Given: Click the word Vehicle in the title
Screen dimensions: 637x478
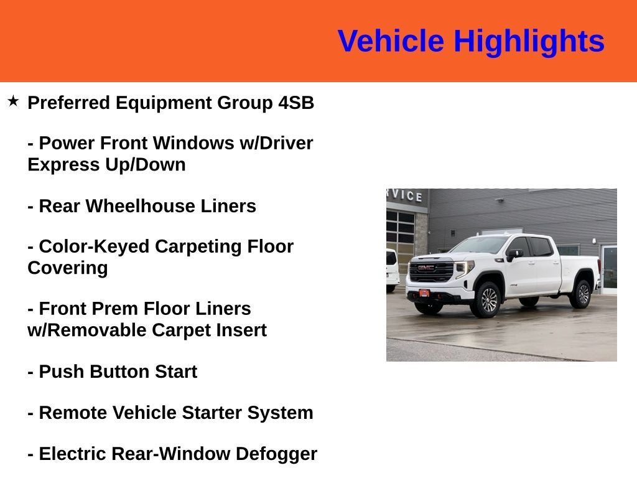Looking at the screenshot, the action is pos(391,41).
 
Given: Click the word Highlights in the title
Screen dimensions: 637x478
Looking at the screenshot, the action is pos(529,42).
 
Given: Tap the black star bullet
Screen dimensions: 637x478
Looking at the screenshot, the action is pos(13,101).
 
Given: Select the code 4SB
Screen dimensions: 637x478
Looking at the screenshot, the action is pos(296,103).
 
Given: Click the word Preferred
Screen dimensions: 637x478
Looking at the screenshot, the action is pos(68,103).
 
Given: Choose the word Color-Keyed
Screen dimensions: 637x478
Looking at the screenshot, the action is pos(94,246).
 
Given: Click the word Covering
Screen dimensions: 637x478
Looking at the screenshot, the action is pos(68,268).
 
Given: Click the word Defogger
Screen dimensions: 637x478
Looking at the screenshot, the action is pos(276,454).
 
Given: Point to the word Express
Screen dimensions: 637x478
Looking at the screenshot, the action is pos(64,164).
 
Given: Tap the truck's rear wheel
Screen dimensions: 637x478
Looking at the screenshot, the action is pos(582,294).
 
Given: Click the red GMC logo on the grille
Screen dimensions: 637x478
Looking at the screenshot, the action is pos(425,268).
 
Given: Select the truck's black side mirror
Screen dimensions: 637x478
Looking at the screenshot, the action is pos(514,255).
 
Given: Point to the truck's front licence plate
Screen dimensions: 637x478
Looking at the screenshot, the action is pos(424,293).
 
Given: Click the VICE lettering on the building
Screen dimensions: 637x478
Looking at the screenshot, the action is pos(406,195).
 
